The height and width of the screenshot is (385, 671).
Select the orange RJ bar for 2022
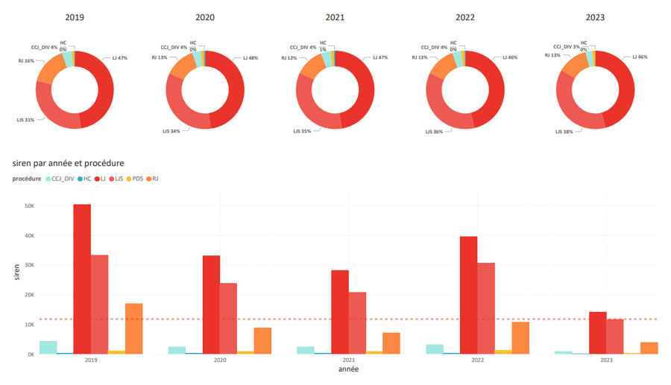point(520,338)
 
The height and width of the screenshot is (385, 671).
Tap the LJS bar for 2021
point(357,323)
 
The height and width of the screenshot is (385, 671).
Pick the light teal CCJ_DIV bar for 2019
point(48,348)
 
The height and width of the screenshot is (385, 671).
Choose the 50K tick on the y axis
point(30,206)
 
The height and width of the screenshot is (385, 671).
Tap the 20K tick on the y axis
point(30,295)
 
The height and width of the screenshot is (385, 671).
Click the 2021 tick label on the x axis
point(349,360)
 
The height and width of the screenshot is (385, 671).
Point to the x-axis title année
point(348,369)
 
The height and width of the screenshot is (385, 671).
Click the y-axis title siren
point(17,273)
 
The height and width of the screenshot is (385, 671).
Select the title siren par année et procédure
point(69,163)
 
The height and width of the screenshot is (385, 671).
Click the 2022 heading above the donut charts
point(465,17)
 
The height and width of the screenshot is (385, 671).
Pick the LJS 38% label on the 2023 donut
point(564,131)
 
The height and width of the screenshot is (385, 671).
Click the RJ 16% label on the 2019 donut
point(25,61)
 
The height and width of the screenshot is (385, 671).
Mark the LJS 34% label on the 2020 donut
point(171,131)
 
